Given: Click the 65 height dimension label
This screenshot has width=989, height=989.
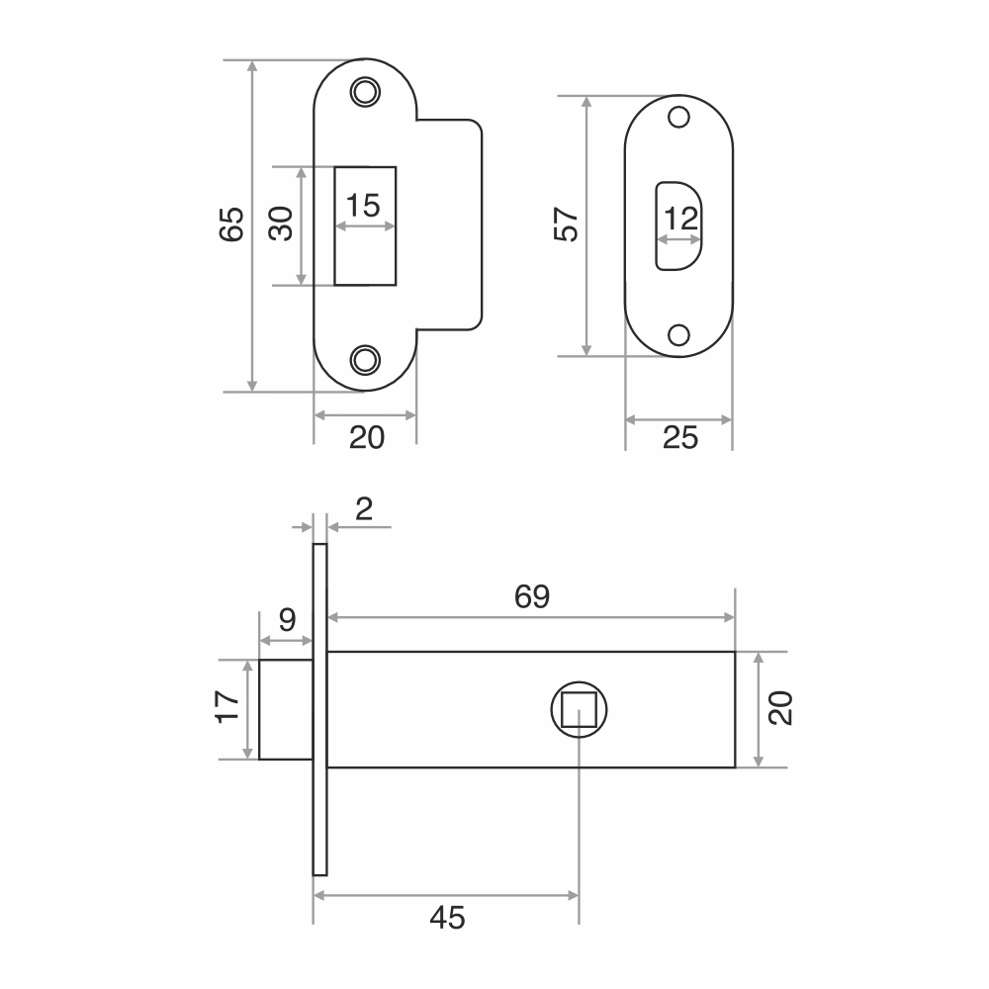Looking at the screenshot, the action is [x=231, y=224].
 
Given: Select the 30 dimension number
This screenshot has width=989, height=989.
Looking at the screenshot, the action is [x=281, y=224].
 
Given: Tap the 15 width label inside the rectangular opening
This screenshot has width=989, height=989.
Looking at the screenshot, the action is [x=363, y=206].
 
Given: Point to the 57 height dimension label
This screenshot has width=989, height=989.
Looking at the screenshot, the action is [x=566, y=224].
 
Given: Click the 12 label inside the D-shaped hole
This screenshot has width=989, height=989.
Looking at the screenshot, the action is [x=681, y=219].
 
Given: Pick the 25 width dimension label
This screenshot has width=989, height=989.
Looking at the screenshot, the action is [x=680, y=438].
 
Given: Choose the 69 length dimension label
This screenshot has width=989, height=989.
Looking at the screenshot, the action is [x=532, y=596].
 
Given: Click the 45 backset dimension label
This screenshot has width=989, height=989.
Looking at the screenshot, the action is [x=447, y=918].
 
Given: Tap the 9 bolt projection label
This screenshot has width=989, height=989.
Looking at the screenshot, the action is [x=287, y=620].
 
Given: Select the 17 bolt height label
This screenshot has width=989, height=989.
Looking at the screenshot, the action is [x=227, y=707].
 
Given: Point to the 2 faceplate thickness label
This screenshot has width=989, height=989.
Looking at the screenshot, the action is [x=364, y=509].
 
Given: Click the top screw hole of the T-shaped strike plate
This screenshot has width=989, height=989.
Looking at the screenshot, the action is [x=365, y=92].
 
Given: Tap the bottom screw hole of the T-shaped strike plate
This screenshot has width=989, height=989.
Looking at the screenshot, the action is [x=365, y=360].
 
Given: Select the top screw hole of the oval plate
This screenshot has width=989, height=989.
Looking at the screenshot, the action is [x=678, y=117].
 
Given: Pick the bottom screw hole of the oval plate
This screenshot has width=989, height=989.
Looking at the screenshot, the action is [x=678, y=335].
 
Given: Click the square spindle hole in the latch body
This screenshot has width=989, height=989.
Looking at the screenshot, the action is [x=579, y=709].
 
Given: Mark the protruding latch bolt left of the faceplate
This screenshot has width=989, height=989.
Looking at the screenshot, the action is [x=286, y=709].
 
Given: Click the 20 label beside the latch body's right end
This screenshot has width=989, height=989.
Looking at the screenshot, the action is [x=780, y=708].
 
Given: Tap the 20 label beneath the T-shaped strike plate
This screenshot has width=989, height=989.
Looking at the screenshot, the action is [x=367, y=438].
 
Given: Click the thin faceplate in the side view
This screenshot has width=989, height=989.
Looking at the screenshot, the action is [x=319, y=709].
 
